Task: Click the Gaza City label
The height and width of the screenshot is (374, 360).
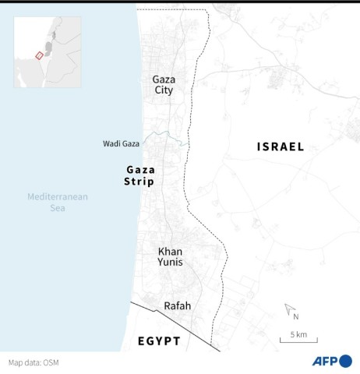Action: coord(164,84)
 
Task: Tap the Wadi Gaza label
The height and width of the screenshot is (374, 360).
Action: coord(121,144)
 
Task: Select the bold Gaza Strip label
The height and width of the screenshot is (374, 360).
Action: coord(140,175)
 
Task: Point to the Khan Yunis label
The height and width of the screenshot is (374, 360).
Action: coord(170,256)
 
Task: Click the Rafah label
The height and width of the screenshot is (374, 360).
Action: coord(177,306)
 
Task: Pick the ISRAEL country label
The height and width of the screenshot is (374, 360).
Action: coord(281,146)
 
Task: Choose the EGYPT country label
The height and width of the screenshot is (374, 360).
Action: coord(159,341)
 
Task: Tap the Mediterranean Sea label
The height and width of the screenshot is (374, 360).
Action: coord(58,203)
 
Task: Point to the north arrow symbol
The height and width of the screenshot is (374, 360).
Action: coord(289,309)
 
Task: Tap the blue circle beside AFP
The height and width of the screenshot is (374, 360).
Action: coord(344,361)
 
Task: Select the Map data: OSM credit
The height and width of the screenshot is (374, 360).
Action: coord(34,362)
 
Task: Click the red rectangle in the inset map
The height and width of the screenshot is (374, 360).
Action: coord(40,55)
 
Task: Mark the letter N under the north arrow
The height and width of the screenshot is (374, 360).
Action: coord(296,316)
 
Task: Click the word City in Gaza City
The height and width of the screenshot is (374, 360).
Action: coord(164,90)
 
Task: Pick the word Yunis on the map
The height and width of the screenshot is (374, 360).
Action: coord(170,263)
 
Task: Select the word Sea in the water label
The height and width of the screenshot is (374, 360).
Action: coord(58,208)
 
